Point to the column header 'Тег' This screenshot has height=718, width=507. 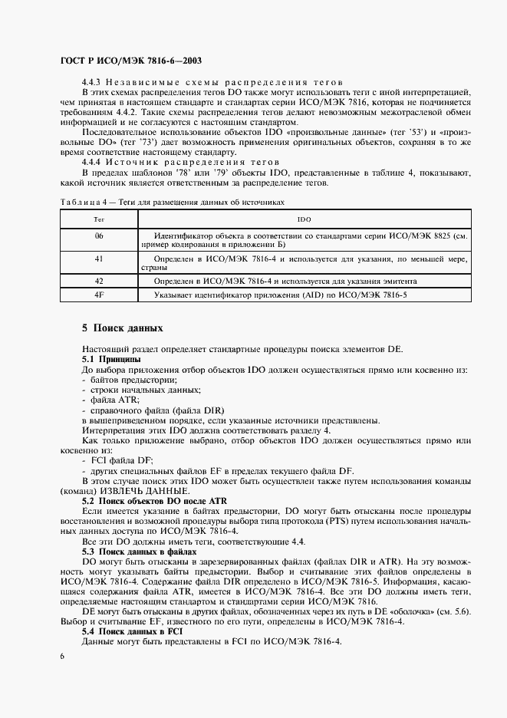(x=99, y=219)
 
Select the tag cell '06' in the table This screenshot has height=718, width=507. (x=99, y=235)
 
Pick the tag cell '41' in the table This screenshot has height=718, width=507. (x=99, y=259)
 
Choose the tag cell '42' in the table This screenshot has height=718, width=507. (x=99, y=281)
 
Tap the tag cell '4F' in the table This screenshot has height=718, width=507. (x=99, y=294)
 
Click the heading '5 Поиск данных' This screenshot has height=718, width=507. (x=123, y=328)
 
